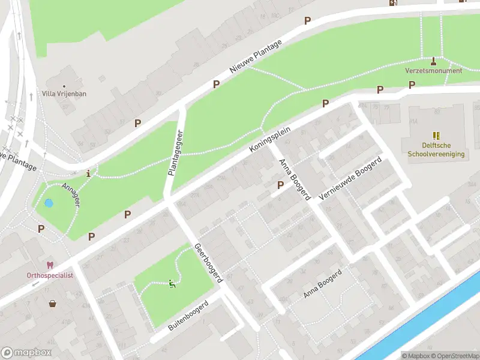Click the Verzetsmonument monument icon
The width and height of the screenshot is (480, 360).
coord(434,61)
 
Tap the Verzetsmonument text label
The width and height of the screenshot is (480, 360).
coord(434,71)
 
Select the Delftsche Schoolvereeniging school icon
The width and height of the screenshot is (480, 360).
coord(436,136)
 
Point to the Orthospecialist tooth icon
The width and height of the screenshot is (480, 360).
coord(50,265)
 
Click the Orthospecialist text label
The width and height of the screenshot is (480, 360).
coord(50,275)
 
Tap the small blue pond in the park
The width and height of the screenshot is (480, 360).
coord(49,203)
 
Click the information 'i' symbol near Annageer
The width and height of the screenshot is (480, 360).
coord(89,174)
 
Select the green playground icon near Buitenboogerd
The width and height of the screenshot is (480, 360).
coord(172,284)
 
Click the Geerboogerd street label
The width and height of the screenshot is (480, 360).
coord(208,263)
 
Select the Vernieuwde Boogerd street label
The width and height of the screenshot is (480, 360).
coord(352,179)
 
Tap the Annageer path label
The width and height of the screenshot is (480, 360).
coord(71,196)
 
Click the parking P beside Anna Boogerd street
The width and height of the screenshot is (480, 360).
coord(280,185)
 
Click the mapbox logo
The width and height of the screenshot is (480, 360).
coord(26,353)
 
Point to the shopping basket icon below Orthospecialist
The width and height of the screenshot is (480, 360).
coord(53,304)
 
